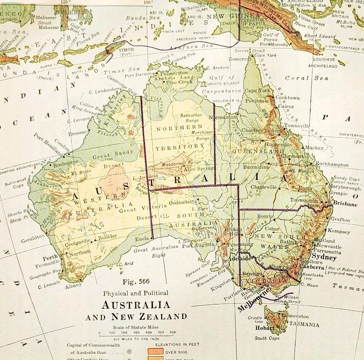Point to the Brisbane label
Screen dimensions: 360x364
pyautogui.click(x=344, y=204)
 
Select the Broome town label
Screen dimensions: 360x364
pyautogui.click(x=78, y=134)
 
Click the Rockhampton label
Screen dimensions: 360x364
pyautogui.click(x=332, y=164)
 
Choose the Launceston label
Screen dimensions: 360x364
pyautogui.click(x=294, y=316)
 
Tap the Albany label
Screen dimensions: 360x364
pyautogui.click(x=73, y=286)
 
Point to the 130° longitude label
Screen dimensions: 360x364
pyautogui.click(x=148, y=2)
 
